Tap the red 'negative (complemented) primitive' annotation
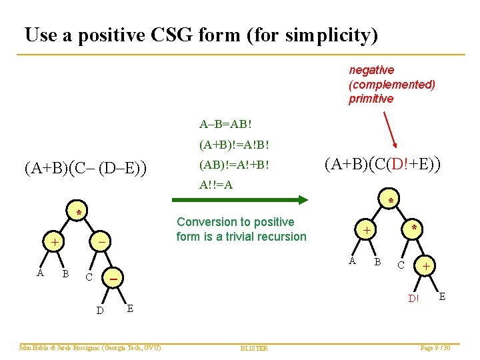click(x=391, y=85)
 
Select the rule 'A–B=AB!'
click(x=225, y=124)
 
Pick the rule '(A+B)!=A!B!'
click(x=234, y=143)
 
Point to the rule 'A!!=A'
click(x=216, y=185)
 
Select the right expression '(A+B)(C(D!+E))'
click(x=383, y=163)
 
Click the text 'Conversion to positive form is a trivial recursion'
click(x=241, y=229)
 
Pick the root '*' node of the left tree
click(x=78, y=213)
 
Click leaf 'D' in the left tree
click(x=99, y=310)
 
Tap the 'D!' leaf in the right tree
click(x=413, y=298)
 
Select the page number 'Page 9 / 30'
click(x=435, y=347)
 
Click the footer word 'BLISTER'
click(x=253, y=348)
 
